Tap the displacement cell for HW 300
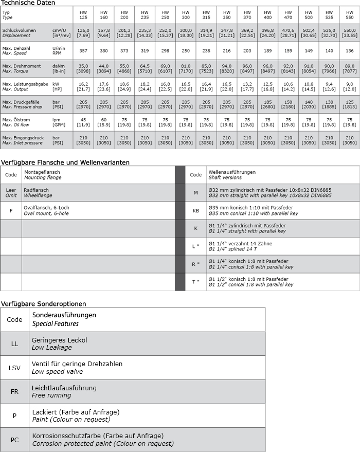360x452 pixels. [186, 33]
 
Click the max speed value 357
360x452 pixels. [83, 51]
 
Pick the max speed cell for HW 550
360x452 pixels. [350, 51]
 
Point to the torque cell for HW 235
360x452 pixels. [145, 68]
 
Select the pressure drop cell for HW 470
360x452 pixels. [288, 104]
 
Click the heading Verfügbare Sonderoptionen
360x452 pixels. [43, 304]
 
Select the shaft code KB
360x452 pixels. [195, 211]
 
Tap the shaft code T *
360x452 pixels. [195, 282]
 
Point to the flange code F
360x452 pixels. [11, 211]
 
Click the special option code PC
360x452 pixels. [14, 440]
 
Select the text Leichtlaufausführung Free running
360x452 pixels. [64, 391]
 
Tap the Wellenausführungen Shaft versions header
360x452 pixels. [231, 175]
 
